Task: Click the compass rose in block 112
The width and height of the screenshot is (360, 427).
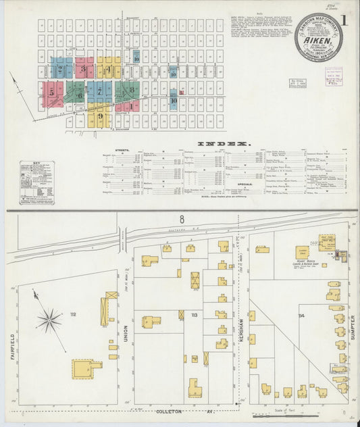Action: point(49,320)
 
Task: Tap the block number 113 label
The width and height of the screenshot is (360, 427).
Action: point(195,315)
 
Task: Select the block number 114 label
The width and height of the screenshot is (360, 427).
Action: point(301,316)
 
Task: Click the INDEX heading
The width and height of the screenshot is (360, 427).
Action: point(223,144)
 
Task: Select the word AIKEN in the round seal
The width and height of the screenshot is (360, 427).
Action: point(318,41)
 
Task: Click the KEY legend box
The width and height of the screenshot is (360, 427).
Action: point(37,181)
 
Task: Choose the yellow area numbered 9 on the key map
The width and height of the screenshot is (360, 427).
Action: point(100,119)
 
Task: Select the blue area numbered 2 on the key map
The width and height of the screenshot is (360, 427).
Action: point(61,68)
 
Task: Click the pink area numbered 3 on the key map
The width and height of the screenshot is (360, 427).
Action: point(84,68)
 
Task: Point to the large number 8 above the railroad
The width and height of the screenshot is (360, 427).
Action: point(181,219)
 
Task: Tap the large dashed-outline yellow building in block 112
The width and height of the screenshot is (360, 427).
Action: point(85,368)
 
